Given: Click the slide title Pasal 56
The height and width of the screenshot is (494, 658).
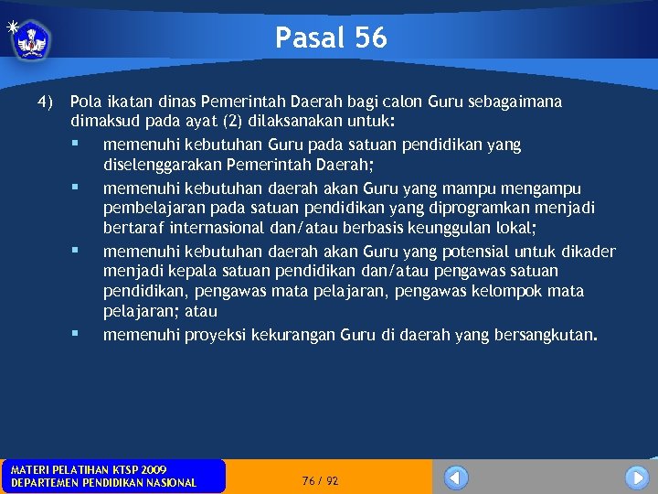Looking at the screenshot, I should (331, 38).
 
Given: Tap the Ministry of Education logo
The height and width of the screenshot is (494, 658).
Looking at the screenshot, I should (31, 38).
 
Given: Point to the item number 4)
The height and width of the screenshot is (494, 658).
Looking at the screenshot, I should (46, 101).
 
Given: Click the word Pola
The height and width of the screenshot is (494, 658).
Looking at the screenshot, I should (86, 101).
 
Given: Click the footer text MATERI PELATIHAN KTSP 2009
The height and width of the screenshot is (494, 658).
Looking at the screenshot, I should (89, 469).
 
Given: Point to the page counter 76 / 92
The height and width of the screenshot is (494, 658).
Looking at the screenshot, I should (320, 480).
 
